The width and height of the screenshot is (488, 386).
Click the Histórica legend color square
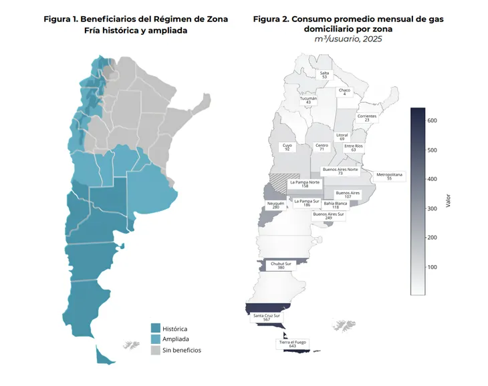(156, 328)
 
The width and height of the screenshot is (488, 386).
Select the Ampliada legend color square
(156, 339)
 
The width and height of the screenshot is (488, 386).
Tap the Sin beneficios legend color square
(156, 350)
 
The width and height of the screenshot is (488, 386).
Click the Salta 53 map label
(325, 75)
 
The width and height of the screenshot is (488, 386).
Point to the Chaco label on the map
(344, 92)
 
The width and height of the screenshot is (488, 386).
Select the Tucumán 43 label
(308, 100)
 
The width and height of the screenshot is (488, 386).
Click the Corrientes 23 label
(367, 118)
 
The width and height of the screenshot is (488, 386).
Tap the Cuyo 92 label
(287, 147)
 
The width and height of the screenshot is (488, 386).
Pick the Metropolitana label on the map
(389, 176)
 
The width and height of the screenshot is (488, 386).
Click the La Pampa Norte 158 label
(305, 184)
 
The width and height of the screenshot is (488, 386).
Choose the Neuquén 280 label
(275, 205)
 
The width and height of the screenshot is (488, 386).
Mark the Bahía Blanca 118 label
(336, 205)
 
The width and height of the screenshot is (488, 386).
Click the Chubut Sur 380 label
(281, 265)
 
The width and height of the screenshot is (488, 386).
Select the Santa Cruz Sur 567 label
(267, 317)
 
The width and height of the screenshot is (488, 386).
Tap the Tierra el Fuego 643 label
(293, 344)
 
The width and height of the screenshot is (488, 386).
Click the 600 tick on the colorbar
(432, 121)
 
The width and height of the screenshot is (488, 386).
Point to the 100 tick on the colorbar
(432, 267)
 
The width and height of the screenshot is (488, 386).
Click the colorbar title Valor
(448, 201)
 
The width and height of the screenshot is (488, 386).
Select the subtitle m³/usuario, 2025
(348, 39)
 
